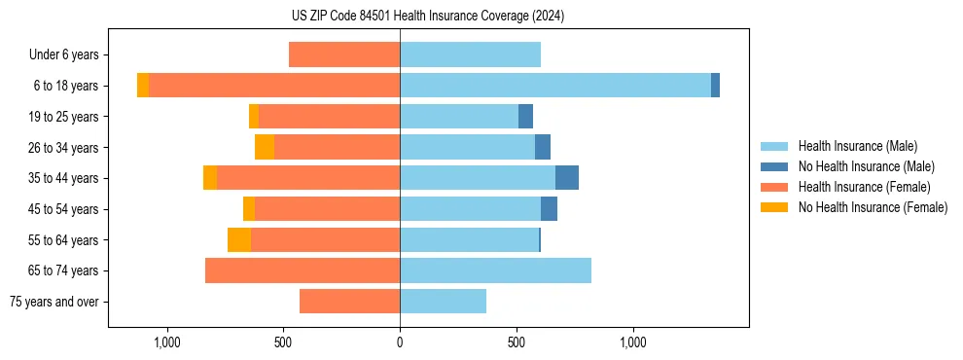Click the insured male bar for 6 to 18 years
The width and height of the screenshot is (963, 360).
tap(554, 86)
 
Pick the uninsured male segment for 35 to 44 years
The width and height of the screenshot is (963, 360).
tap(567, 178)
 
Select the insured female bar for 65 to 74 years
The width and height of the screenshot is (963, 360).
tap(303, 270)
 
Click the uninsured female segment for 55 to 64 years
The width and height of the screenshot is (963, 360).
tap(239, 240)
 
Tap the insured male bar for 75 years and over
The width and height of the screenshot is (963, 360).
tap(443, 302)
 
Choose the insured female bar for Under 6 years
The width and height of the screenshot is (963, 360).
tap(344, 55)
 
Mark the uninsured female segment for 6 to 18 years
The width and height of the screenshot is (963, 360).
tap(143, 86)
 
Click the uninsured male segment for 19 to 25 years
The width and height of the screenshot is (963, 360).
tap(525, 117)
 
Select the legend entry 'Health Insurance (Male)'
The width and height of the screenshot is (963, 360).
tap(857, 146)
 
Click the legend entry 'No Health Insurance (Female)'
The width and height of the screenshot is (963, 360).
tap(873, 207)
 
